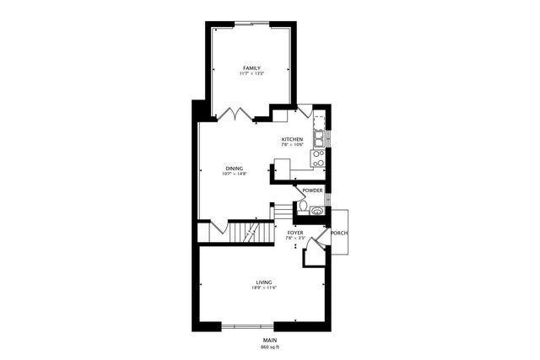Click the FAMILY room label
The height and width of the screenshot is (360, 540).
pyautogui.click(x=251, y=67)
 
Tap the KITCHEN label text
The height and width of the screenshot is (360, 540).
pyautogui.click(x=292, y=139)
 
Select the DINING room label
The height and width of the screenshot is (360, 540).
pyautogui.click(x=234, y=168)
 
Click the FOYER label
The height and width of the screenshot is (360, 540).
pyautogui.click(x=294, y=232)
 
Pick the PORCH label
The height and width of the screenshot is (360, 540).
pyautogui.click(x=339, y=233)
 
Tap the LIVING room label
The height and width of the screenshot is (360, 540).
pyautogui.click(x=264, y=282)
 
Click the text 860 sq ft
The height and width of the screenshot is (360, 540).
pyautogui.click(x=270, y=347)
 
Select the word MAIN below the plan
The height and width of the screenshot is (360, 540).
pyautogui.click(x=270, y=339)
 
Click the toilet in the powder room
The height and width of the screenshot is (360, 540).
pyautogui.click(x=302, y=206)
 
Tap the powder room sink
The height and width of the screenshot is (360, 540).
pyautogui.click(x=316, y=212)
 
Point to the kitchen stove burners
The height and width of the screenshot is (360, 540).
pyautogui.click(x=318, y=158)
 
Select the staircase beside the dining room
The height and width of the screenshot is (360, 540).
pyautogui.click(x=247, y=232)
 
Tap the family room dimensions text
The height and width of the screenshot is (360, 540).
pyautogui.click(x=251, y=74)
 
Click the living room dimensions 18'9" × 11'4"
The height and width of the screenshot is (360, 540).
pyautogui.click(x=264, y=288)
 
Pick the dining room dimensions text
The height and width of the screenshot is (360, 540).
pyautogui.click(x=234, y=175)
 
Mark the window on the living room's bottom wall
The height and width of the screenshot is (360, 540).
pyautogui.click(x=248, y=325)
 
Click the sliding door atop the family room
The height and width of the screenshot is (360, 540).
pyautogui.click(x=251, y=23)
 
